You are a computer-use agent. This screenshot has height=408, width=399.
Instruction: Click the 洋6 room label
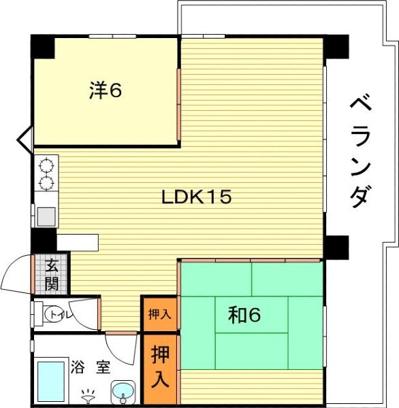[x=106, y=90]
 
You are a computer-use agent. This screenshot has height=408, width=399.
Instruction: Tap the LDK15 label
[x=197, y=197]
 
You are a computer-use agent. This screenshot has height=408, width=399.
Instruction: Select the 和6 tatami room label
[x=244, y=315]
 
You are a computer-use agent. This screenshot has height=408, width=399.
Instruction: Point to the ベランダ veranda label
[x=360, y=152]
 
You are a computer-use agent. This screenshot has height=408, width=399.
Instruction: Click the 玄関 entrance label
[x=52, y=275]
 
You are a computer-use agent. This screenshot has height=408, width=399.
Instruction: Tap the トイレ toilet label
[x=61, y=315]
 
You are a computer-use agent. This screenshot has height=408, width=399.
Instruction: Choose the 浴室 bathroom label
[x=91, y=367]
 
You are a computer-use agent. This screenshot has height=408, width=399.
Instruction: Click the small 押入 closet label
[x=159, y=314]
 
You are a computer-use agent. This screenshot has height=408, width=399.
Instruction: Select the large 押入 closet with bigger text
[x=160, y=366]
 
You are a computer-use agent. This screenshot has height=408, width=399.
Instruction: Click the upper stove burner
[x=46, y=165]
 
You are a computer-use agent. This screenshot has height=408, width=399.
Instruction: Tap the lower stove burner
[x=46, y=183]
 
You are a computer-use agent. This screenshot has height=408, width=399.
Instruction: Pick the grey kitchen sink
[x=46, y=216]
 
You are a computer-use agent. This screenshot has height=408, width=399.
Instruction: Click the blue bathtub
[x=51, y=380]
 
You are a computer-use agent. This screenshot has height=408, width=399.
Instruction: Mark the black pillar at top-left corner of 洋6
[x=43, y=47]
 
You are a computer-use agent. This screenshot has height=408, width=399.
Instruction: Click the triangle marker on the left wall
[x=25, y=140]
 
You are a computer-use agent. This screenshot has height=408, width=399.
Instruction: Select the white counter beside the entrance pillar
[x=78, y=243]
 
